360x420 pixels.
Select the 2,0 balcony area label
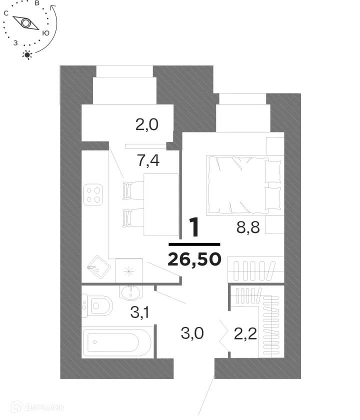pos(147,124)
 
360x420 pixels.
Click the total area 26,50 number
pos(195,259)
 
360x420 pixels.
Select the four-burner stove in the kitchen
pos(93,194)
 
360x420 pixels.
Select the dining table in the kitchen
pos(161,204)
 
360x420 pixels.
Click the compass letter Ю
pos(45,33)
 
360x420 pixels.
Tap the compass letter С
pos(6,13)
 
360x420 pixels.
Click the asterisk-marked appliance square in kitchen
pos(129,271)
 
